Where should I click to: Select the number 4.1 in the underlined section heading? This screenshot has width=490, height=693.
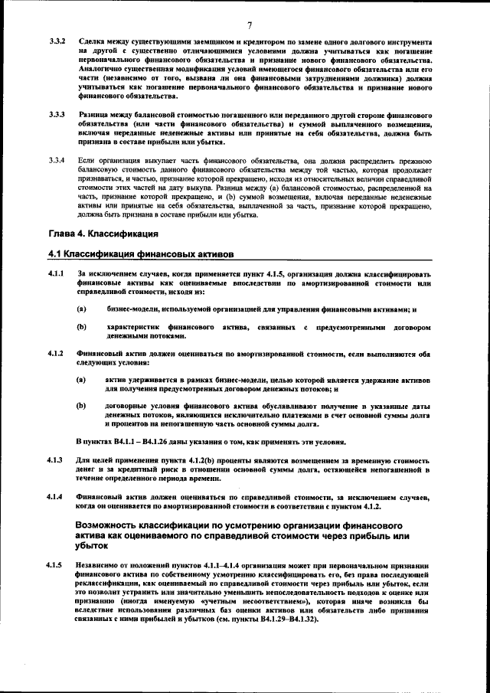tap(55, 253)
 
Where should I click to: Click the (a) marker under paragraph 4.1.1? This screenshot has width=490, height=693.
tap(81, 309)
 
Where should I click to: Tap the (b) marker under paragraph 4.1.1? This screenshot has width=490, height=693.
tap(81, 327)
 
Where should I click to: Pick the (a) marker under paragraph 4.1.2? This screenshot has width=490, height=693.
tap(81, 380)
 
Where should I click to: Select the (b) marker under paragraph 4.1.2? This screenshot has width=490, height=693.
tap(81, 406)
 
